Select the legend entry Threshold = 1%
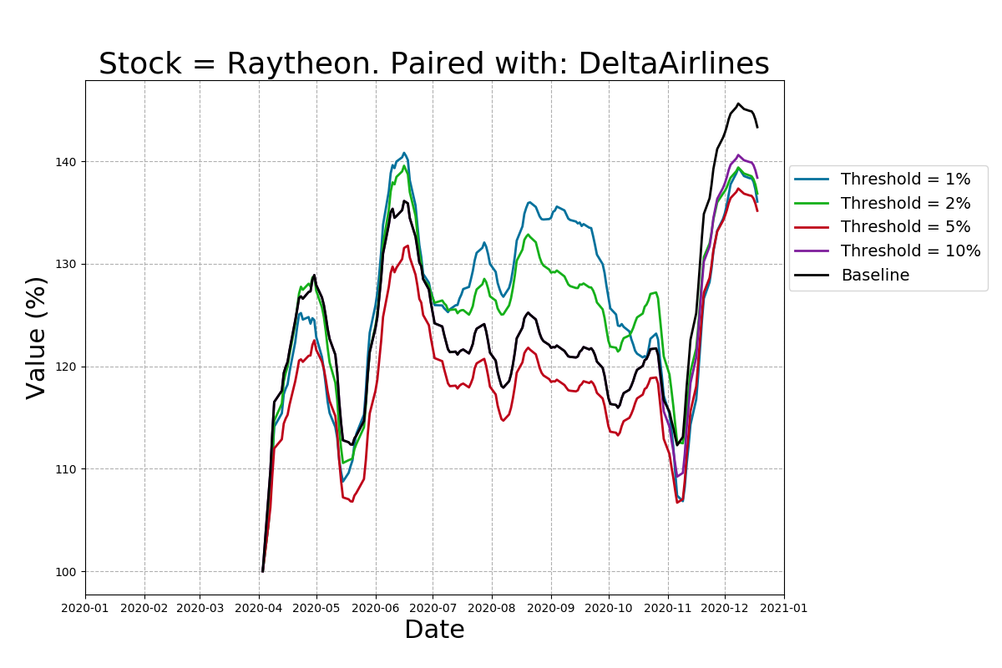[x=905, y=180]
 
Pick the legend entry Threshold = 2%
[x=905, y=203]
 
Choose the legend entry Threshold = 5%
[x=905, y=227]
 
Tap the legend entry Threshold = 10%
[x=910, y=251]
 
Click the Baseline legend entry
[x=874, y=275]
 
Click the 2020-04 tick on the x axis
[x=259, y=608]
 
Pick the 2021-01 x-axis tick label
[x=784, y=608]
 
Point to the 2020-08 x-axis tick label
[x=491, y=608]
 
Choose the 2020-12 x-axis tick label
[x=725, y=608]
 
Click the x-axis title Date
[x=434, y=630]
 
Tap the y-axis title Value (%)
[x=37, y=337]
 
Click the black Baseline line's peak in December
[x=739, y=104]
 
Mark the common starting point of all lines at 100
[x=262, y=571]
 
